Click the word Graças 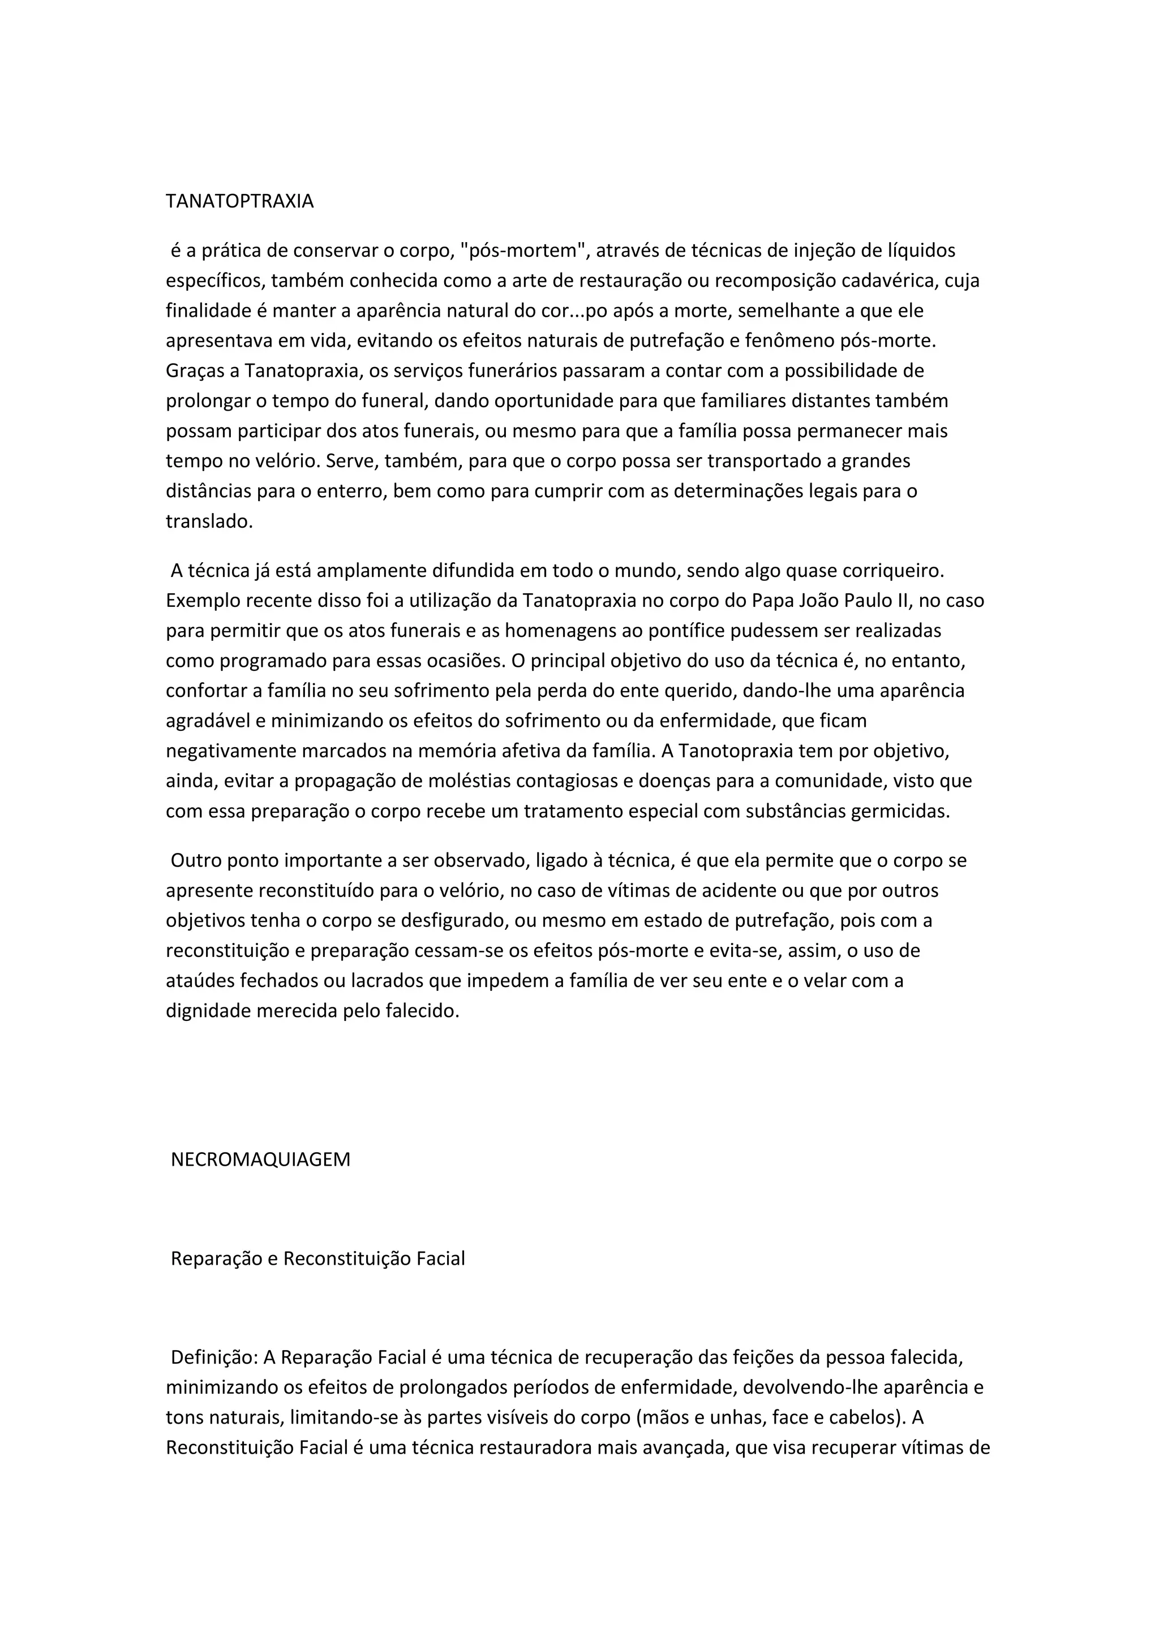pos(202,371)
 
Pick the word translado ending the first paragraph pos(209,521)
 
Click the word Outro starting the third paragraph pos(196,860)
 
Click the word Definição pos(213,1357)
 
